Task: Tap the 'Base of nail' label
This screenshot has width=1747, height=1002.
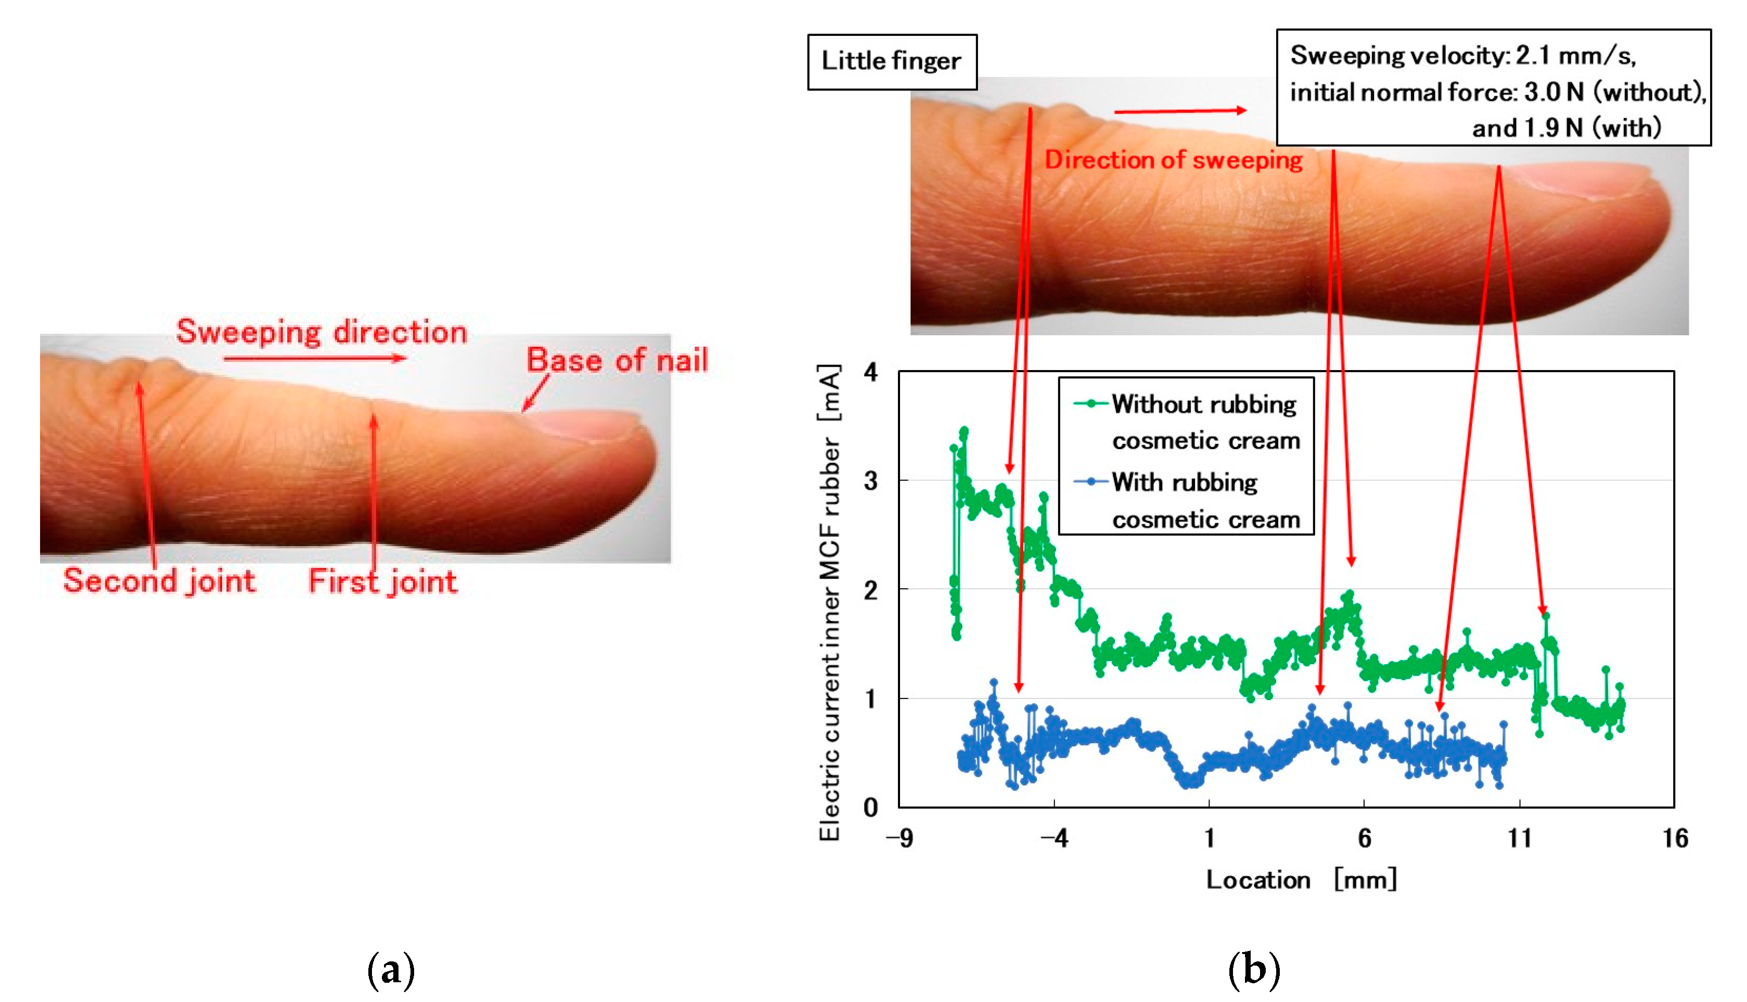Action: pyautogui.click(x=617, y=360)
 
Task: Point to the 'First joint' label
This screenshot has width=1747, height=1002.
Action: pyautogui.click(x=382, y=581)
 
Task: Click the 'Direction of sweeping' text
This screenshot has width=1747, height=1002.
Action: pyautogui.click(x=1173, y=160)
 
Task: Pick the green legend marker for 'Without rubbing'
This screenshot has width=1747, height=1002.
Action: pyautogui.click(x=1091, y=404)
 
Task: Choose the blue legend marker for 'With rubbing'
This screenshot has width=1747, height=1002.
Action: pyautogui.click(x=1091, y=481)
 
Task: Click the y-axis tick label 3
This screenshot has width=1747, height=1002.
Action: pyautogui.click(x=871, y=481)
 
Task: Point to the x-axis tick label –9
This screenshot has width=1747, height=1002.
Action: pyautogui.click(x=899, y=838)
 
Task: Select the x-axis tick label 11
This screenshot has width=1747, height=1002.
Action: pyautogui.click(x=1519, y=838)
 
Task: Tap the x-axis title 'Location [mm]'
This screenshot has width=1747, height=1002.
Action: pyautogui.click(x=1301, y=880)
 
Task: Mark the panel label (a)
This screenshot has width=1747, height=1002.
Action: pyautogui.click(x=391, y=969)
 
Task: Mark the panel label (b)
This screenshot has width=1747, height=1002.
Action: pyautogui.click(x=1254, y=969)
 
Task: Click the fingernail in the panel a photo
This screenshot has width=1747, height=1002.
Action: pyautogui.click(x=585, y=423)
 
